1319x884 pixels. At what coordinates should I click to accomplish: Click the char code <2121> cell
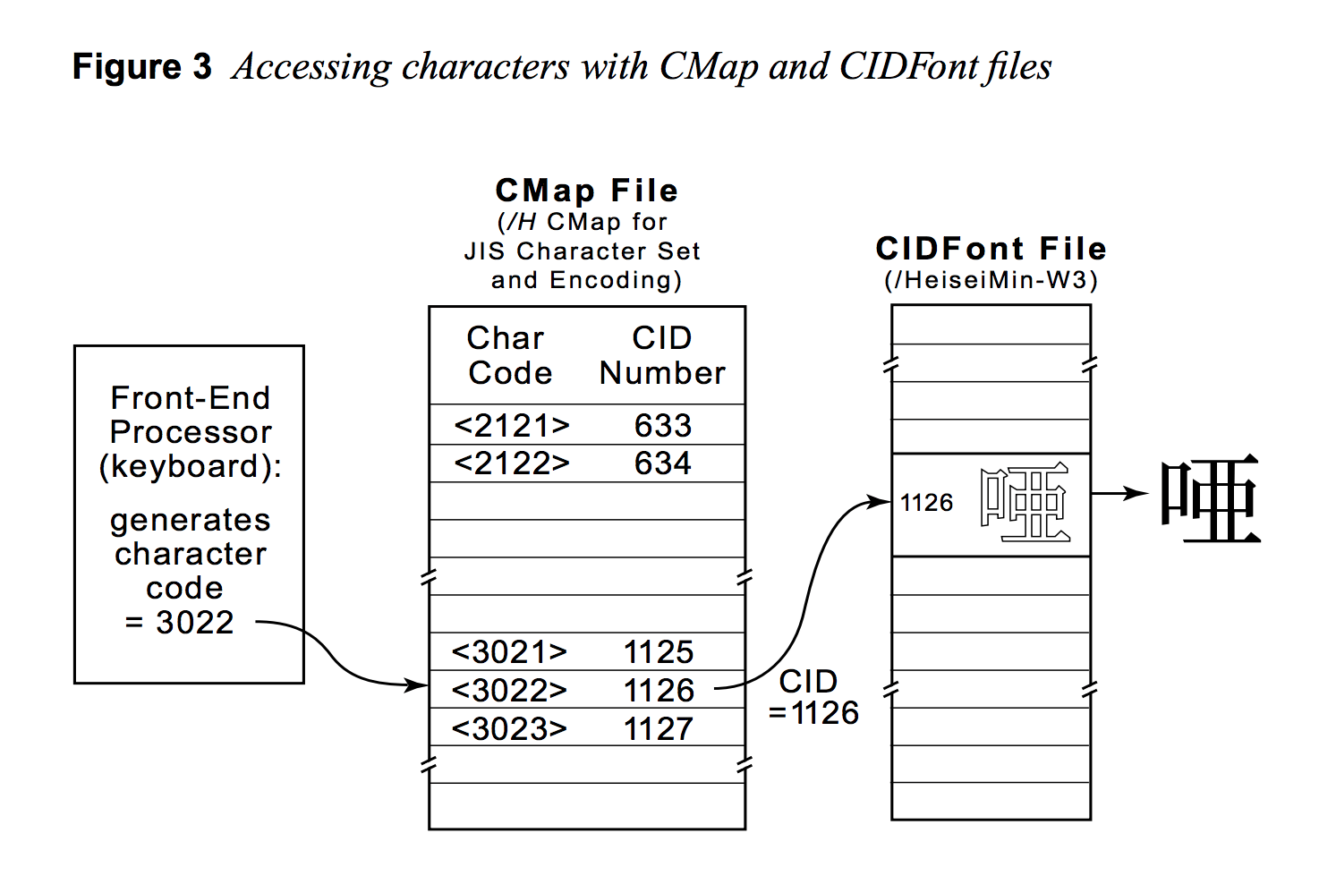coord(511,426)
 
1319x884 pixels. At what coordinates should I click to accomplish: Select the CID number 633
coord(662,426)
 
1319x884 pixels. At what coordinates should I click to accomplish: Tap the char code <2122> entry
coord(511,463)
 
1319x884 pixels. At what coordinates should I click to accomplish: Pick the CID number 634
coord(662,463)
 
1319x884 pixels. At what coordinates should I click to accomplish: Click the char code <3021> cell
coord(509,652)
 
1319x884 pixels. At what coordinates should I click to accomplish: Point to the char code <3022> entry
coord(509,691)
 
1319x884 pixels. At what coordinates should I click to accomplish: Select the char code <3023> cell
coord(509,729)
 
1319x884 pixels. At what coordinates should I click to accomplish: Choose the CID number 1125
coord(659,652)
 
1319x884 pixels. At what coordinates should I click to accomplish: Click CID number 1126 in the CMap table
coord(659,691)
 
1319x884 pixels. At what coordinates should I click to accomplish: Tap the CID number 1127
coord(659,729)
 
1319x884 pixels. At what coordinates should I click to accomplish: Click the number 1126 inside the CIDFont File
coord(926,503)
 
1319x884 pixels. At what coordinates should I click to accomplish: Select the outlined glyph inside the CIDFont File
coord(1025,502)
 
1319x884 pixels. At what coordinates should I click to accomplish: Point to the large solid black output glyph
coord(1210,501)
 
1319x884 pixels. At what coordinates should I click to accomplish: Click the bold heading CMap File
coord(586,191)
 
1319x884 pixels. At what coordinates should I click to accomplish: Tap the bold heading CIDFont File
coord(991,249)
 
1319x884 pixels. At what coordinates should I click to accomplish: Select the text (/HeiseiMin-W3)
coord(991,280)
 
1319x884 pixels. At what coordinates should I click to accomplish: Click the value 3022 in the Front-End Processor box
coord(194,623)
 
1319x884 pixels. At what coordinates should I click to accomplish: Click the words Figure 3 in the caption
coord(141,67)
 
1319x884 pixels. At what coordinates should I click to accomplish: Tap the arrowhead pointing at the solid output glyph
coord(1138,493)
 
